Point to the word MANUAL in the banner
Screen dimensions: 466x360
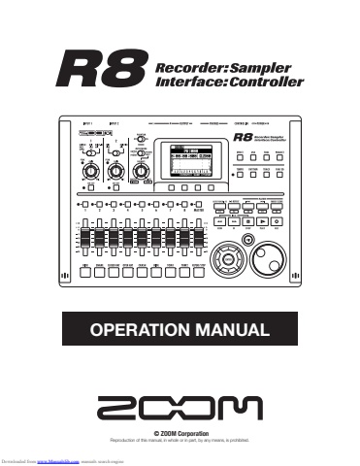[x=232, y=330]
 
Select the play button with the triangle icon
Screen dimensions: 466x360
[x=263, y=220]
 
